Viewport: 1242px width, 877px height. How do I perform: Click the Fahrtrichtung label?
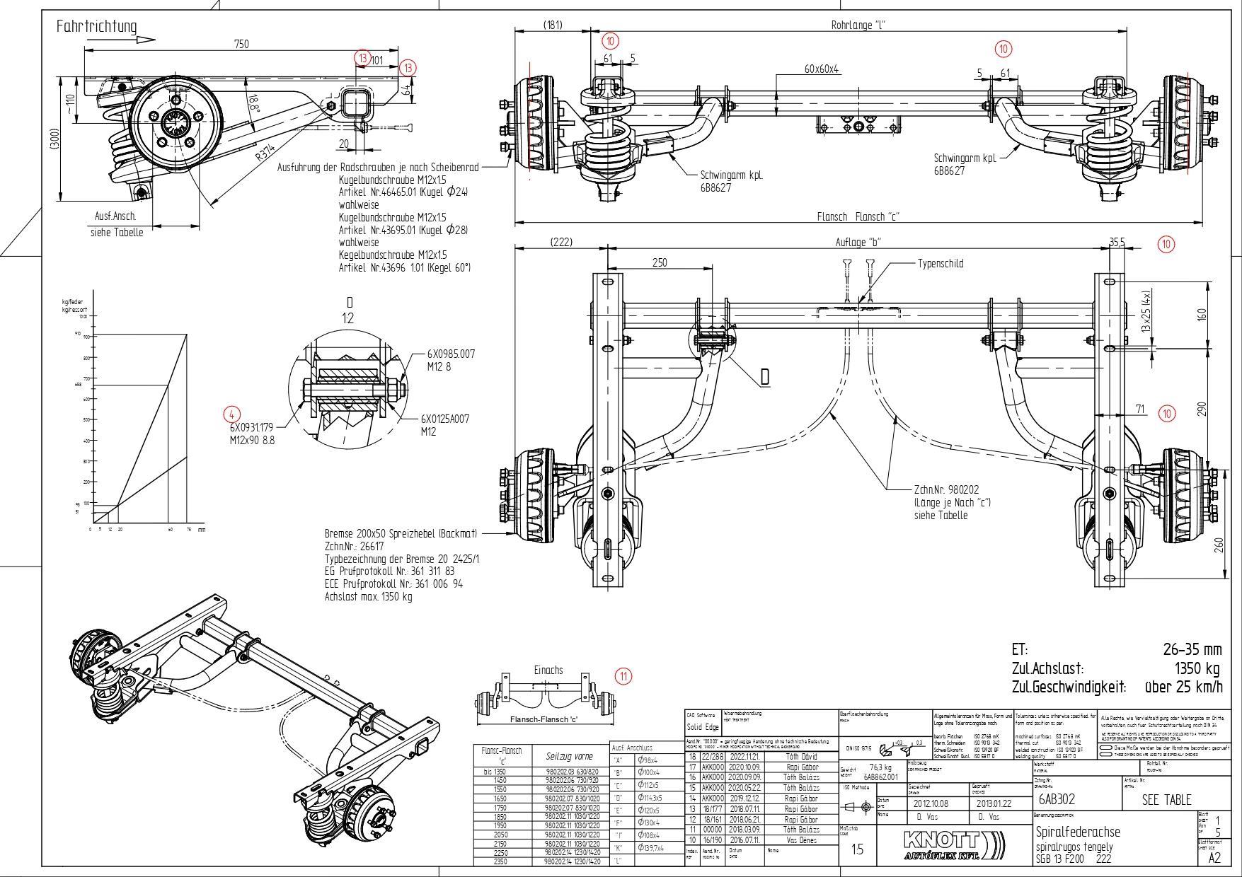96,27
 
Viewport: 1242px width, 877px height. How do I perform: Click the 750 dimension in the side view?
241,44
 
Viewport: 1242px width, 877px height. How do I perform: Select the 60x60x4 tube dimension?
821,69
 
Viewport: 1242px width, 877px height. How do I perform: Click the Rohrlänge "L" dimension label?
858,25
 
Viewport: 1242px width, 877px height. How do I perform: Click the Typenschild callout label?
940,263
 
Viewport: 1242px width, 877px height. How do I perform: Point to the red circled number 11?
623,676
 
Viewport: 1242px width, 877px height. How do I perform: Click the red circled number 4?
231,414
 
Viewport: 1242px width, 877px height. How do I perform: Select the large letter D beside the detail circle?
764,377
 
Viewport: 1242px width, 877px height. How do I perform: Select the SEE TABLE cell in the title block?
1166,800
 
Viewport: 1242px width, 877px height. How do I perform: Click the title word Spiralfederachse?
1078,832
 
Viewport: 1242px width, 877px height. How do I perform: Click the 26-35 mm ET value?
1192,649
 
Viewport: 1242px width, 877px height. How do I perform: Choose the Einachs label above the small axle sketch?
548,670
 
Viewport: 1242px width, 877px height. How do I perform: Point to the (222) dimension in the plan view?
560,242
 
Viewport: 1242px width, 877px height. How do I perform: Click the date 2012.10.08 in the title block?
931,803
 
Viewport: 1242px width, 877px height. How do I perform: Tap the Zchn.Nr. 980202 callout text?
946,489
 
